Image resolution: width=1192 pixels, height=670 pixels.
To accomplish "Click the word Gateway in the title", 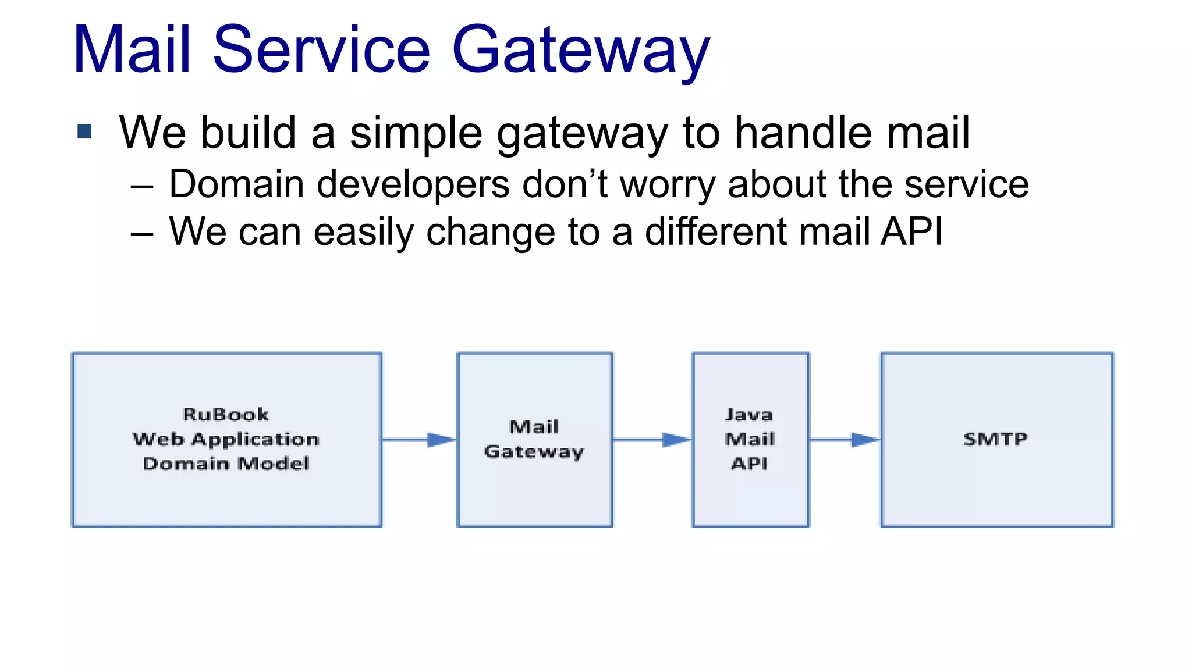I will tap(580, 51).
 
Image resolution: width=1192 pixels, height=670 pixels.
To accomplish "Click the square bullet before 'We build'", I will tap(84, 131).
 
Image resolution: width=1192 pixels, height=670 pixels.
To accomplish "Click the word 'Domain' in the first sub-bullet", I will tap(236, 185).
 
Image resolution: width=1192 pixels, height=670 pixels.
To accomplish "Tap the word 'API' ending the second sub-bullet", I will tap(911, 231).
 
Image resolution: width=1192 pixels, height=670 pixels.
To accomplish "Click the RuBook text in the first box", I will tap(226, 415).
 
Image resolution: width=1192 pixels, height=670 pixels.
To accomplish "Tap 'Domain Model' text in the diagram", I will tap(226, 464).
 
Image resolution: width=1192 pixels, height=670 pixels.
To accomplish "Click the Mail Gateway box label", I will tap(534, 439).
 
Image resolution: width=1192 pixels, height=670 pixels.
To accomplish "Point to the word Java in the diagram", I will tap(749, 415).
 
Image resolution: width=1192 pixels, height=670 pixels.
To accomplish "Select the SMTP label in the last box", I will tap(995, 439).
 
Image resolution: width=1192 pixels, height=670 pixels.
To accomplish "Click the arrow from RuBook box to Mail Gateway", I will tap(419, 440).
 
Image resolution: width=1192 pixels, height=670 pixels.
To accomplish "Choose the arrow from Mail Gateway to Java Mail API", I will tap(652, 440).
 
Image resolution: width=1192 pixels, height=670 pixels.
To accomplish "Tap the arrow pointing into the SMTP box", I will tap(845, 440).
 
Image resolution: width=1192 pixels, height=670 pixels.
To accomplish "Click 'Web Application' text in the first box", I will tap(226, 439).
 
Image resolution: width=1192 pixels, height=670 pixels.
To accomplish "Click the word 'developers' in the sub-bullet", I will tap(413, 185).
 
